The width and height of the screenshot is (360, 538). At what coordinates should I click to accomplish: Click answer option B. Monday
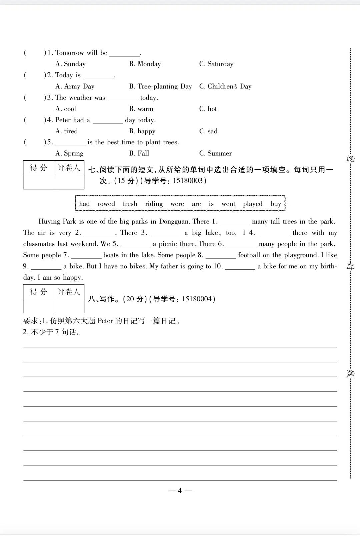click(145, 64)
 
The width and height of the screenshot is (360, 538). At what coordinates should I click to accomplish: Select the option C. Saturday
click(216, 64)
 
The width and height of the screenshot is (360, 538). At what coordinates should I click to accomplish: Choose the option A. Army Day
click(75, 86)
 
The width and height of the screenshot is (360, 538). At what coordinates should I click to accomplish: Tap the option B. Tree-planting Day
click(160, 86)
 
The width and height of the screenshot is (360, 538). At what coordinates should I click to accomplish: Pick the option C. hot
click(208, 109)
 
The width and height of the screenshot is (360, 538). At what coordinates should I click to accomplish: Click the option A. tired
click(67, 131)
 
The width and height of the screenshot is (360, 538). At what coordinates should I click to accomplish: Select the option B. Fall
click(139, 153)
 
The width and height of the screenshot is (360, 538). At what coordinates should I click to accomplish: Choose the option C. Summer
click(216, 153)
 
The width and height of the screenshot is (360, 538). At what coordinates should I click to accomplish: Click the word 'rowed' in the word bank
click(106, 204)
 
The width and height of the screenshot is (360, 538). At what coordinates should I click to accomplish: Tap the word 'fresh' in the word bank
click(130, 204)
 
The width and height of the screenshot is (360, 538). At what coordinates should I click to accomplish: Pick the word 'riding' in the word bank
click(154, 204)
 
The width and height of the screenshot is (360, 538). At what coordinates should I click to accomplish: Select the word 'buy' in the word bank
click(276, 204)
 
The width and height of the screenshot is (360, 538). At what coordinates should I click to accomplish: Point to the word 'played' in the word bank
click(253, 204)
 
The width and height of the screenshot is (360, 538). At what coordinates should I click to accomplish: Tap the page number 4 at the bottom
click(180, 491)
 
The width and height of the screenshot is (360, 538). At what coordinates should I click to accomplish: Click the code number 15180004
click(197, 299)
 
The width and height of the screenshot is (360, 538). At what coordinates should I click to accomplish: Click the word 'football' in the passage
click(250, 255)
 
